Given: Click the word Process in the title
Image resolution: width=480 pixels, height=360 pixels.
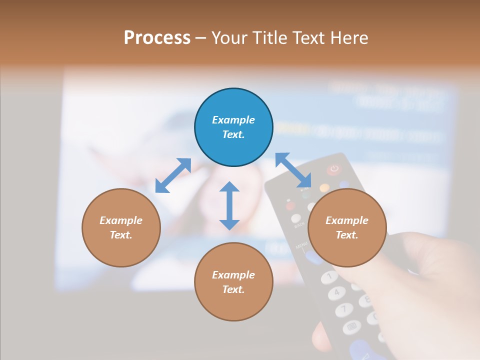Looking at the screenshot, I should click(x=157, y=38).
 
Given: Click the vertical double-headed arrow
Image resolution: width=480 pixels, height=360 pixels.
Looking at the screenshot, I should click(x=229, y=205).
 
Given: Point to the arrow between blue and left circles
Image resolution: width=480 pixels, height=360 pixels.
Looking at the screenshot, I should click(x=173, y=175).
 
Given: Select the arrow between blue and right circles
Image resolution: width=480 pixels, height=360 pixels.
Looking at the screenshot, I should click(x=293, y=170).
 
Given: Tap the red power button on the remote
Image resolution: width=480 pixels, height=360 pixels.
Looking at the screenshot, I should click(x=333, y=169).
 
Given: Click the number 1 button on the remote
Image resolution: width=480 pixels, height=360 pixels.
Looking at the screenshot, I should click(x=329, y=276).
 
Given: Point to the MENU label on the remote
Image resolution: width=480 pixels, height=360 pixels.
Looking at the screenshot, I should click(x=301, y=246).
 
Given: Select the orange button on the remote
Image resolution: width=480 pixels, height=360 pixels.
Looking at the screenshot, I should click(x=324, y=188).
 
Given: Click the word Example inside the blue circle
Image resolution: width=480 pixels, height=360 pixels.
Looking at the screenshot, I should click(x=233, y=120).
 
